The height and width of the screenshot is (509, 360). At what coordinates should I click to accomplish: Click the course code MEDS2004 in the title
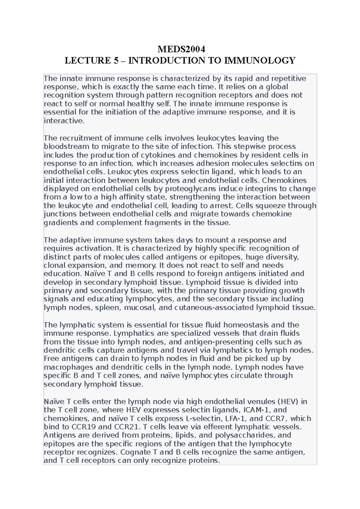[180, 49]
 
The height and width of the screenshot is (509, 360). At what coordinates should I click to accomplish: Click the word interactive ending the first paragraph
[64, 121]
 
